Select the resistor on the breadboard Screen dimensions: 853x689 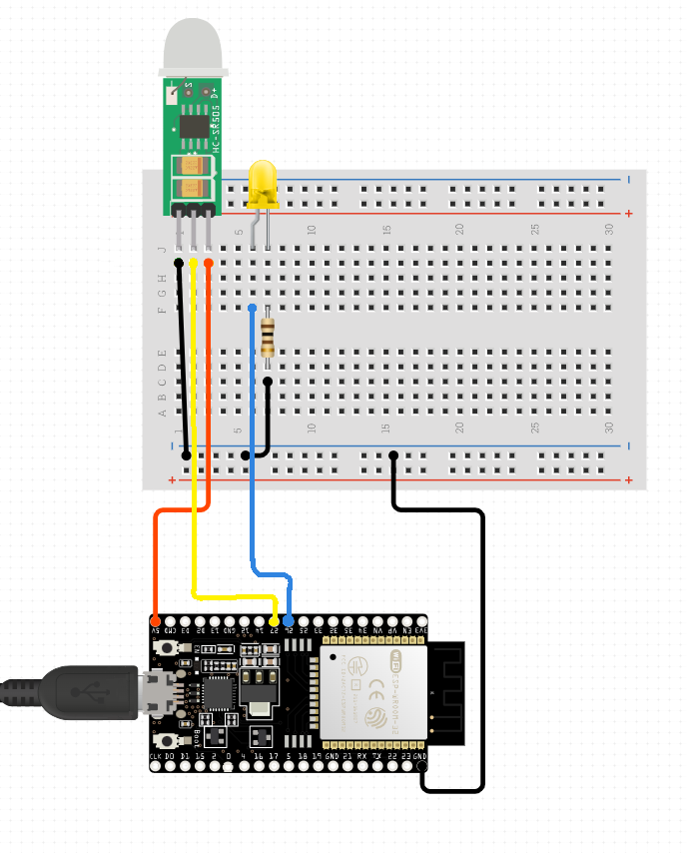point(268,337)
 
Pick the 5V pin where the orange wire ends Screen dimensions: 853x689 point(155,620)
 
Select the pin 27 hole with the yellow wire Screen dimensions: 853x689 point(274,620)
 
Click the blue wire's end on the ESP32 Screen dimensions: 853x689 point(289,620)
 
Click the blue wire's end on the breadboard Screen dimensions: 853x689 point(253,308)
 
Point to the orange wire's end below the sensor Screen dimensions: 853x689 point(209,263)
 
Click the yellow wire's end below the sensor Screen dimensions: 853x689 point(194,263)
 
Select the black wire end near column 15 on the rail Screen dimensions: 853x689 point(393,455)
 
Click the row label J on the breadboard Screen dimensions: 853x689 point(162,250)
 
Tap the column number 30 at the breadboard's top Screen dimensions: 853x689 point(609,229)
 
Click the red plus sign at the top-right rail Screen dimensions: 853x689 point(628,214)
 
